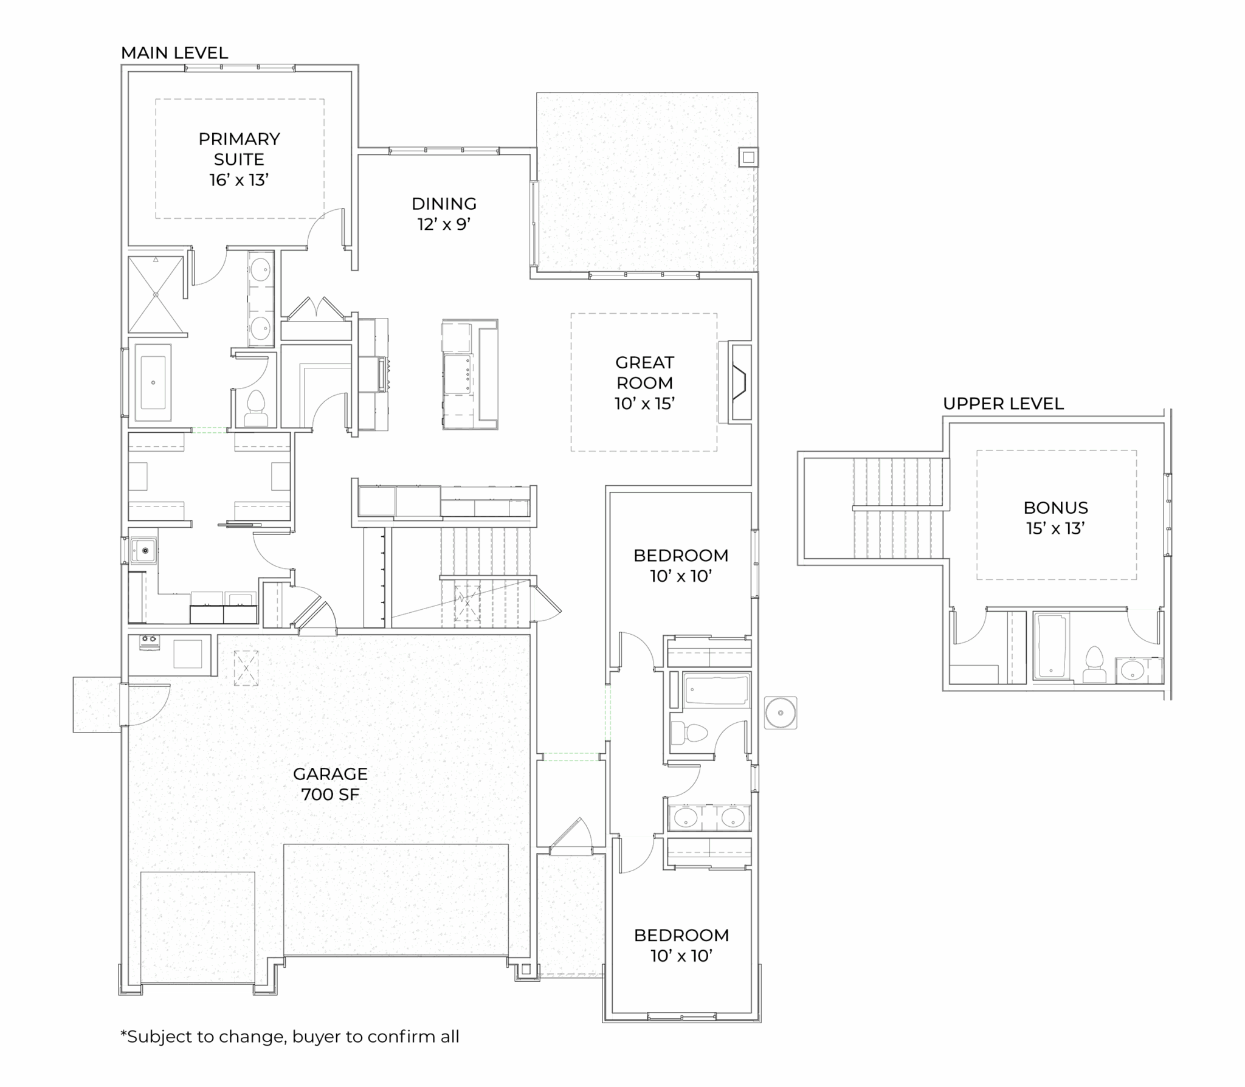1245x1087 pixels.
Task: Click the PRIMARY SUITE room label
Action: [239, 159]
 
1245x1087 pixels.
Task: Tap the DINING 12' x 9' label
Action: [444, 213]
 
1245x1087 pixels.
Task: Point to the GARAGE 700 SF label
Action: [330, 784]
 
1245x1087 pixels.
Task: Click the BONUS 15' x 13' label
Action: [1055, 518]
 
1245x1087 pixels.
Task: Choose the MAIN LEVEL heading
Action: [174, 53]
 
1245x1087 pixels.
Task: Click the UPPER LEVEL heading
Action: [1003, 404]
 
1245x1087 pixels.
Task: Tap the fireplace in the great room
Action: [740, 383]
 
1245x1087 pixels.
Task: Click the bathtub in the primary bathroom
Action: [153, 383]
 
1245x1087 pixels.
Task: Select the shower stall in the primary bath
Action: [156, 295]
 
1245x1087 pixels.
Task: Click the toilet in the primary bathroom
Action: [255, 409]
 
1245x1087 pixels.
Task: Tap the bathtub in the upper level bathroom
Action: [1052, 646]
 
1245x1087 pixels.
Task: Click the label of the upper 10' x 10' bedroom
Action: [681, 565]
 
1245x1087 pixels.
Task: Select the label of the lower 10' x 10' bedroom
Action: [681, 945]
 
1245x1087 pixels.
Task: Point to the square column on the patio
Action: [748, 157]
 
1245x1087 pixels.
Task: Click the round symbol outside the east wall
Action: [781, 713]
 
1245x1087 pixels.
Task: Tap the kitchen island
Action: [470, 374]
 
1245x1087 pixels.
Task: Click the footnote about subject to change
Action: [290, 1036]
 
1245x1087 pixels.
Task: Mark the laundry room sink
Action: [144, 551]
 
